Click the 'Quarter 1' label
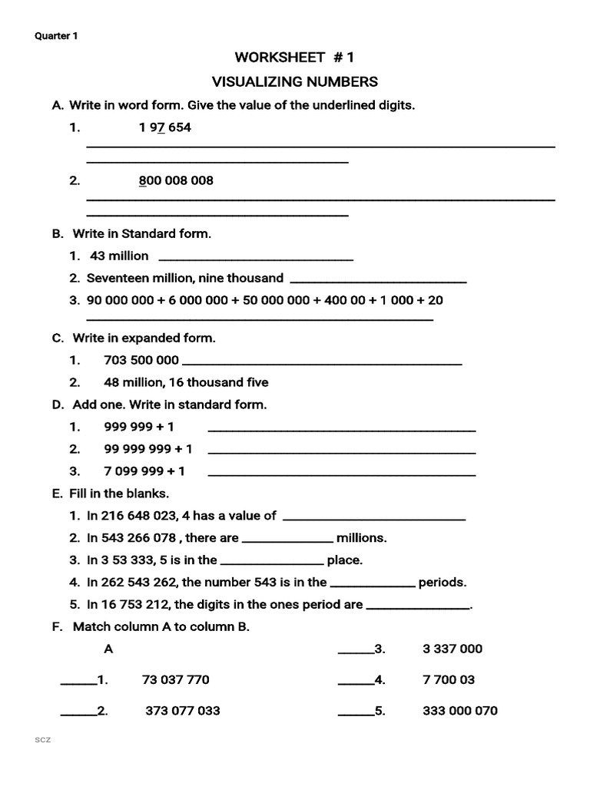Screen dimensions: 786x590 tap(56, 36)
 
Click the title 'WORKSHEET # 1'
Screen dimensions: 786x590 tap(295, 58)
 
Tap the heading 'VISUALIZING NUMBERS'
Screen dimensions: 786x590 tap(295, 81)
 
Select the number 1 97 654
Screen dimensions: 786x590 tap(164, 128)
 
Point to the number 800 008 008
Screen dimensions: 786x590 tap(176, 180)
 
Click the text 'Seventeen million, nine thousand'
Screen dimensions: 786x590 tap(185, 278)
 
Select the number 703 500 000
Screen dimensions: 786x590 tap(141, 360)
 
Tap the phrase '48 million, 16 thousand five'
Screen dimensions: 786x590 tap(186, 382)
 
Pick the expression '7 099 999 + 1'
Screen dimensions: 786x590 tap(144, 471)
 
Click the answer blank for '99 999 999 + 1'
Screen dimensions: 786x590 tap(342, 452)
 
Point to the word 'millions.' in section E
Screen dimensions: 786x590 tap(362, 538)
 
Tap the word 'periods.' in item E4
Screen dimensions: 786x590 tap(442, 583)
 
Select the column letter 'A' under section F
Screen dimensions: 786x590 tap(108, 649)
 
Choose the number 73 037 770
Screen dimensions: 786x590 tap(176, 680)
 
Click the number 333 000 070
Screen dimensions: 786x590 tap(460, 711)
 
